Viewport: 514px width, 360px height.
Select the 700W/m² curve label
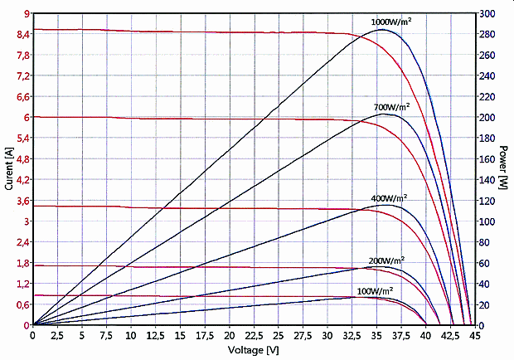point(392,107)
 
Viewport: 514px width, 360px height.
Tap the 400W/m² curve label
point(390,198)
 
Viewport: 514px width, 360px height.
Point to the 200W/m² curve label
point(386,260)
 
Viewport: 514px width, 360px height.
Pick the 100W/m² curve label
point(375,291)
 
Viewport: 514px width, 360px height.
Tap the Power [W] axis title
point(503,169)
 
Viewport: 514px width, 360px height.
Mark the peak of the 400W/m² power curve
point(385,204)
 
